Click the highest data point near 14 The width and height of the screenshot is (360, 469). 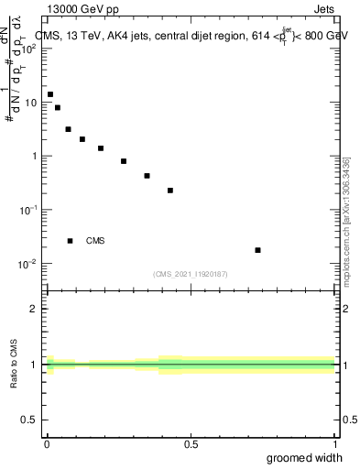point(50,94)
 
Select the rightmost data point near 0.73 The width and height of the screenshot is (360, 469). point(258,250)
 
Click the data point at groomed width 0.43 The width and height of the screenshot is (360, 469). point(170,191)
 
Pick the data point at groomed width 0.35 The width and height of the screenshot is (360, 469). point(147,176)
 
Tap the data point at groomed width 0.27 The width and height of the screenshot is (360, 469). point(124,161)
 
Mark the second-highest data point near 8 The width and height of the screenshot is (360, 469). point(58,107)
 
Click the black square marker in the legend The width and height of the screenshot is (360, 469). point(70,241)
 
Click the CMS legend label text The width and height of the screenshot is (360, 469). point(95,241)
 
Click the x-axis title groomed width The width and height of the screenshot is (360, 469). point(305,457)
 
